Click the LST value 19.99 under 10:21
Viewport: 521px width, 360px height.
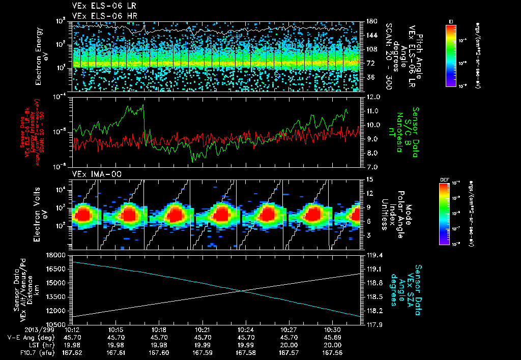click(x=202, y=344)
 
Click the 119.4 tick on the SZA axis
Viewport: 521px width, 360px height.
click(x=374, y=255)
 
